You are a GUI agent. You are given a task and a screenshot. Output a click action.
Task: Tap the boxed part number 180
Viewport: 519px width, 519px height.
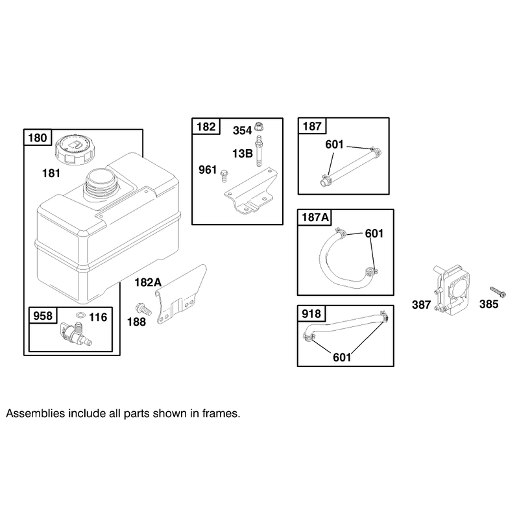(38, 138)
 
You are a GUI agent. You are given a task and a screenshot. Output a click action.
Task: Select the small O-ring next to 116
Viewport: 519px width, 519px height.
(80, 315)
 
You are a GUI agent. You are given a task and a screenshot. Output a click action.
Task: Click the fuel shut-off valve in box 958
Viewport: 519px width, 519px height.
(77, 333)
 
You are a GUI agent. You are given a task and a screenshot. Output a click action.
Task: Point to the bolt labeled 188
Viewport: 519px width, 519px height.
(143, 309)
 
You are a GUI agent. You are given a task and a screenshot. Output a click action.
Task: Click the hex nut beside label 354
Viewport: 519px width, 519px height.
(258, 127)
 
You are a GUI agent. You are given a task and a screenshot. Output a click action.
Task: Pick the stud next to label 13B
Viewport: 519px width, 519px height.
(258, 151)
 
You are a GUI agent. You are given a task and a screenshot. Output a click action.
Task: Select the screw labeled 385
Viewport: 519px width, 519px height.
(498, 292)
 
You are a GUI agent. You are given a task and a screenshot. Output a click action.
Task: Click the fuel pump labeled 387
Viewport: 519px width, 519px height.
(452, 289)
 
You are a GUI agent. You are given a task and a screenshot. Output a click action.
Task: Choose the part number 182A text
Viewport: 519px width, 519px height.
(148, 282)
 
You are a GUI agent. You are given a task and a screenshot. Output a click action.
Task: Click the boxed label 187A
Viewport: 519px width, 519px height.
(315, 217)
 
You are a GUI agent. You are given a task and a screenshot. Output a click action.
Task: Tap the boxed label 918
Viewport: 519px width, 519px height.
(311, 313)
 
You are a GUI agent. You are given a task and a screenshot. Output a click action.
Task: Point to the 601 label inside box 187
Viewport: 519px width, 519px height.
(334, 144)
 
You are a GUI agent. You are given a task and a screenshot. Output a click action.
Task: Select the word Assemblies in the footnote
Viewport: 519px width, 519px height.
(36, 414)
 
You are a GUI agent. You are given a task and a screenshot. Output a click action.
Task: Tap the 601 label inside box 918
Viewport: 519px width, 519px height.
(342, 357)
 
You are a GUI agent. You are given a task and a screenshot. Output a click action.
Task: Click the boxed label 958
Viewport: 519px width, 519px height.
(43, 316)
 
